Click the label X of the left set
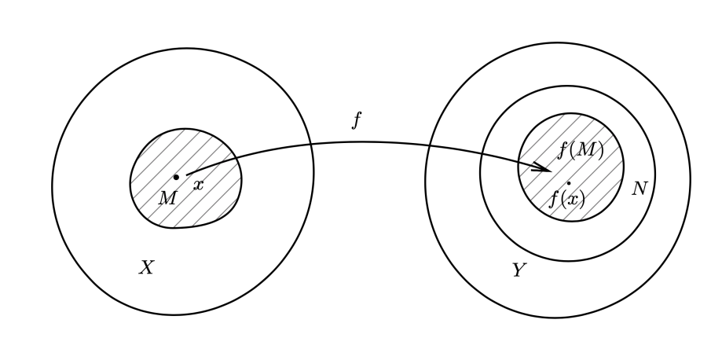coord(146,268)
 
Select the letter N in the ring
coord(640,189)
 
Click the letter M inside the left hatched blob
coord(167,198)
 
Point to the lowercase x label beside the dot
coord(198,186)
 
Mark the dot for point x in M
coord(176,177)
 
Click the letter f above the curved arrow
coord(357,119)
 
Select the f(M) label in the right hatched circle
coord(581,149)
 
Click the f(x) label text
coord(566,198)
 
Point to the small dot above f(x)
coord(568,183)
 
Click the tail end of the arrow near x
coord(189,173)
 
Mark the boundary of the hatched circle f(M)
coord(519,167)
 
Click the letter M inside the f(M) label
coord(584,149)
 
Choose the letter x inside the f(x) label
coord(570,199)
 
